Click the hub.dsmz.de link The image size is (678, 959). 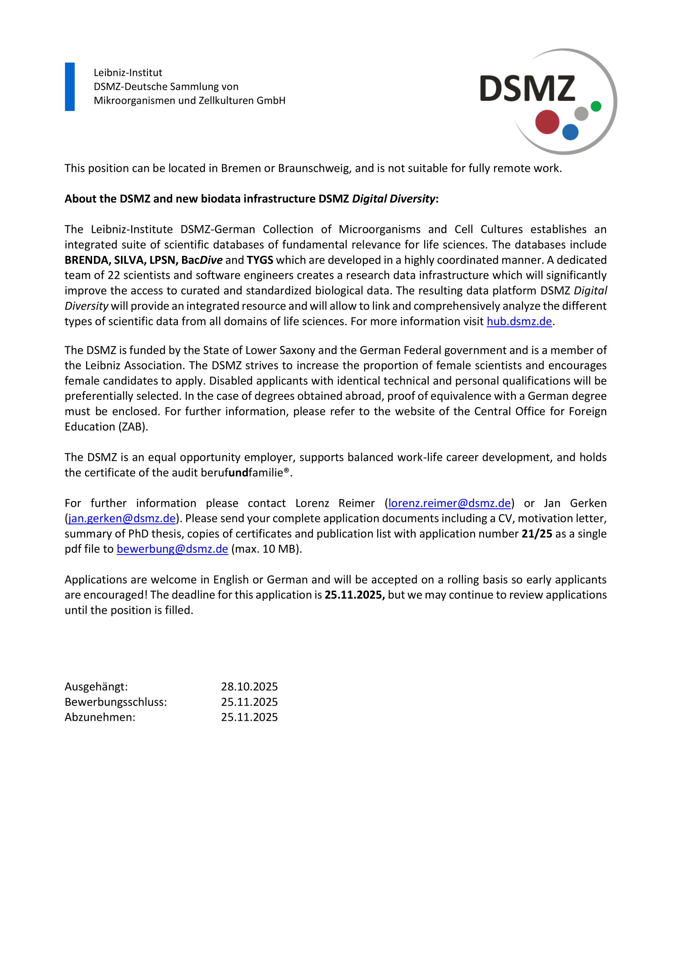(x=519, y=321)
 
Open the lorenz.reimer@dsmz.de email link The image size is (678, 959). (x=449, y=503)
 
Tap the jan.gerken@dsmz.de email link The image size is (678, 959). (x=122, y=518)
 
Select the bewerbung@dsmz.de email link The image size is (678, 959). (x=173, y=549)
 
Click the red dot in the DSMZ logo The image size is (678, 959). (x=547, y=122)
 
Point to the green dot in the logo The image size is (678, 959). (x=596, y=107)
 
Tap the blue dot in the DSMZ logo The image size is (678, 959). (x=570, y=132)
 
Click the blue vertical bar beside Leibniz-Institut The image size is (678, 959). (x=70, y=87)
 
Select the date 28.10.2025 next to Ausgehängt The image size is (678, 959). (x=249, y=687)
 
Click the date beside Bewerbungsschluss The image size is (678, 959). (x=249, y=702)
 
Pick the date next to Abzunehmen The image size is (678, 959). (x=249, y=717)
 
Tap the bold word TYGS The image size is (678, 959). (x=259, y=260)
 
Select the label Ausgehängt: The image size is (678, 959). (x=96, y=687)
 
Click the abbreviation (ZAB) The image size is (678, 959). (x=133, y=427)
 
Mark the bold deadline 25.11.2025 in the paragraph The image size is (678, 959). (x=355, y=595)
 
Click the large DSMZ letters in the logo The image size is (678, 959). (x=527, y=89)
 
